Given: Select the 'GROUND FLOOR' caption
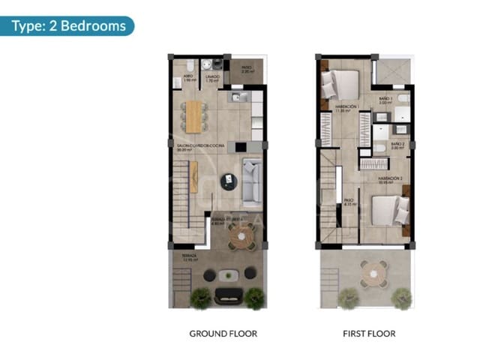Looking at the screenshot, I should (x=223, y=334).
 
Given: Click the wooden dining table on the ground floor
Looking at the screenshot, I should (x=194, y=116).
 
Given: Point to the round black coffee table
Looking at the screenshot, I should (x=228, y=180).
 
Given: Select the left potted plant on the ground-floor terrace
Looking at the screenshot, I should (x=200, y=298).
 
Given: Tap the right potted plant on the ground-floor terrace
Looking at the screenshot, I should (x=254, y=298).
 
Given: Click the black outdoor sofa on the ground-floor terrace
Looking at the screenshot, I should (x=228, y=295).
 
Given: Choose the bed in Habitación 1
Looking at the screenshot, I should (x=341, y=84).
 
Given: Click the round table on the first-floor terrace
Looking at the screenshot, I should (x=373, y=274).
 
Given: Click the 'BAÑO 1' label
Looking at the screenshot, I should (x=386, y=98).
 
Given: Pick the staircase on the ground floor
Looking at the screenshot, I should (x=187, y=202).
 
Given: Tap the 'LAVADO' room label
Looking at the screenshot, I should (x=213, y=76).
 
